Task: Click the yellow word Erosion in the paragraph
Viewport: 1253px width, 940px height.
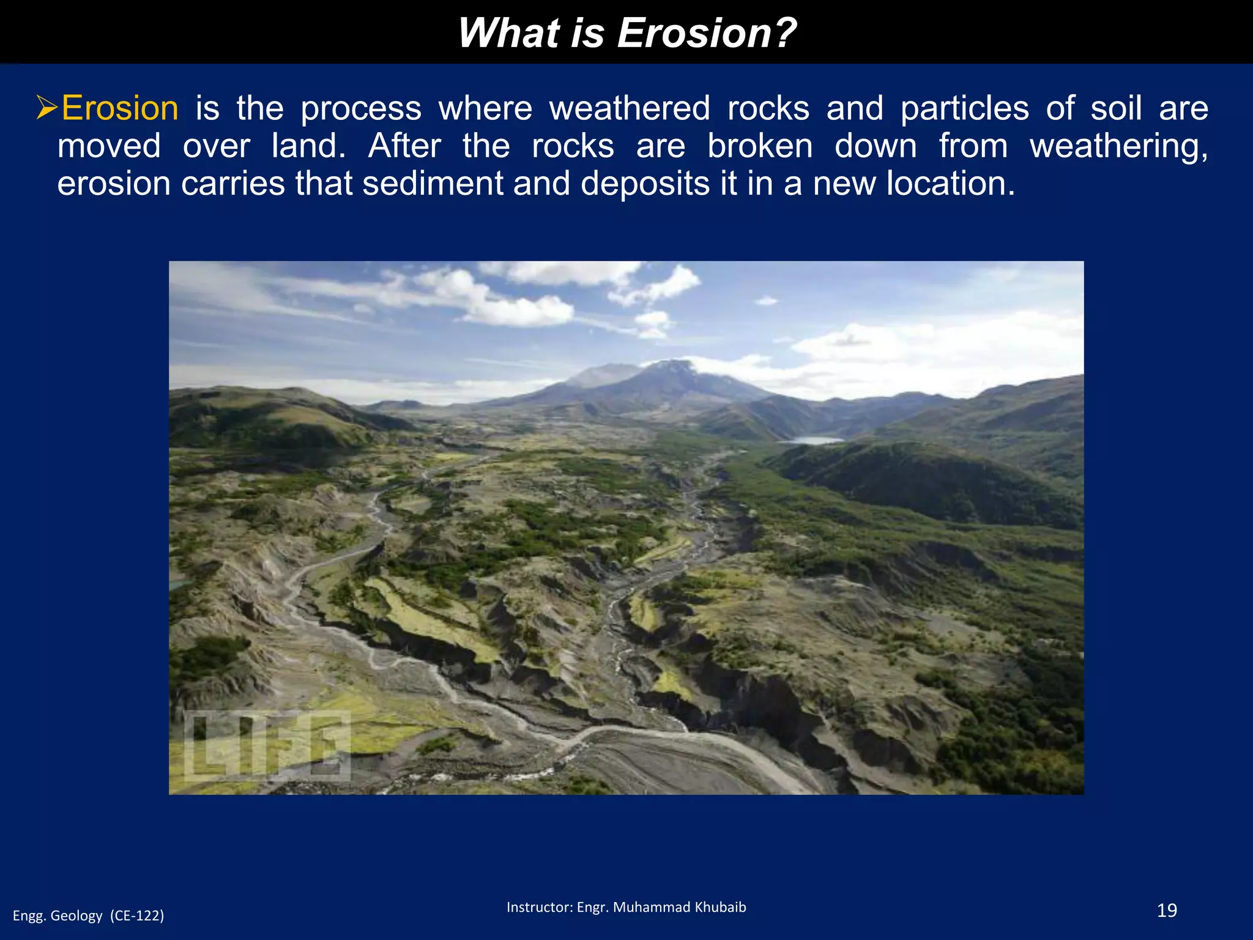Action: (x=120, y=108)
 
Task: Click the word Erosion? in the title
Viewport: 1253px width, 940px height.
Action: (x=707, y=32)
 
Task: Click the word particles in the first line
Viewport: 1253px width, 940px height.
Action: (x=964, y=108)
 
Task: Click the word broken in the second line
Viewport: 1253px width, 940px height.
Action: (x=760, y=146)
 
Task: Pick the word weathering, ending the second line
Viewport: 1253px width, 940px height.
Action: (x=1118, y=147)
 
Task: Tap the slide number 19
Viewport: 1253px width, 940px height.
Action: (x=1167, y=911)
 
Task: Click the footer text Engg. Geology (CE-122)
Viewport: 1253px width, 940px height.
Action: (x=89, y=916)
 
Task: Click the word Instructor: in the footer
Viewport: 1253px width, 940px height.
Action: (x=539, y=907)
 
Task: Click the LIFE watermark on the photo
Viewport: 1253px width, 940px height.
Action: (x=267, y=746)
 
